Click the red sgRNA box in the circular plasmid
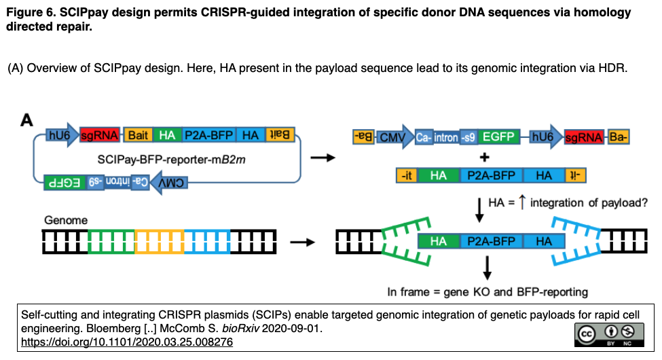tap(100, 134)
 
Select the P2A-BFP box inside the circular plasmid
tap(209, 134)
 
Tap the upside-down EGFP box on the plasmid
tap(65, 183)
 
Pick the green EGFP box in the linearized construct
tap(498, 137)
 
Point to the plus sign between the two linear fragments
tap(485, 158)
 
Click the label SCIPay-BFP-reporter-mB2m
tap(171, 160)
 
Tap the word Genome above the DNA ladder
tap(66, 220)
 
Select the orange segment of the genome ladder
tap(160, 242)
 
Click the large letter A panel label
tap(26, 120)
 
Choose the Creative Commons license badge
tap(609, 335)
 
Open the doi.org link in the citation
tap(127, 342)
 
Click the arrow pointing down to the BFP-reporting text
tap(488, 268)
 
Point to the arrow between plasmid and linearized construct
tap(323, 158)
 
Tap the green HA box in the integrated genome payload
tap(438, 241)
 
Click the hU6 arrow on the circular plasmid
tap(62, 134)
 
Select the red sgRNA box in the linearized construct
tap(584, 137)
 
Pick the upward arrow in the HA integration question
tap(522, 202)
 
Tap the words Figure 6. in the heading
tap(31, 12)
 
